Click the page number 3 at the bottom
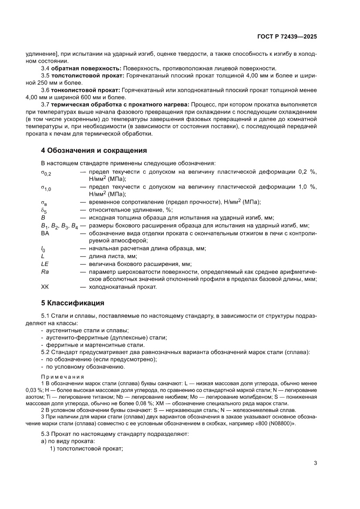tap(315, 463)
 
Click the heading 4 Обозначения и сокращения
tap(94, 150)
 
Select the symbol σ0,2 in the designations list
tap(47, 173)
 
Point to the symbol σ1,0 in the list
tap(47, 188)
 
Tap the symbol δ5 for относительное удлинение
tap(44, 210)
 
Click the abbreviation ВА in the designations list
tap(45, 233)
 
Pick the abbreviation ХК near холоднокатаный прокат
tap(45, 287)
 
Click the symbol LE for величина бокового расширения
tap(45, 263)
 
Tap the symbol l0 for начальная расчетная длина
tap(43, 248)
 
